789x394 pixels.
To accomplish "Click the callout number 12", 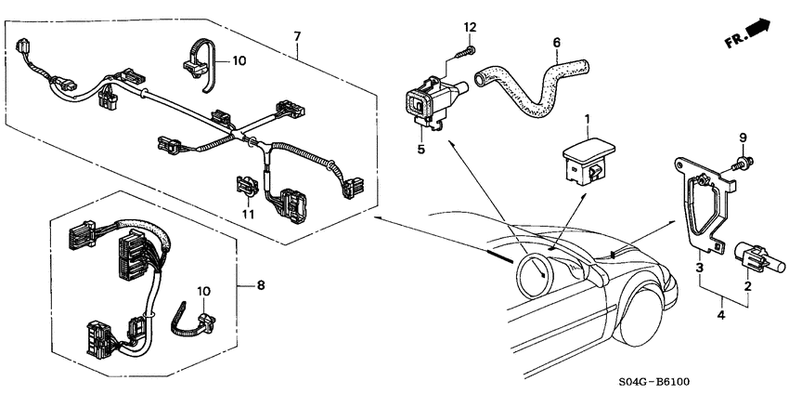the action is [470, 27].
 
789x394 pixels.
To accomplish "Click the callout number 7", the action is [297, 36].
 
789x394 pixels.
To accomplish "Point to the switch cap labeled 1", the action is [588, 161].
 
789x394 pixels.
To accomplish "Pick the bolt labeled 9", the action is [743, 164].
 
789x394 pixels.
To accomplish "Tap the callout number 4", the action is [721, 316].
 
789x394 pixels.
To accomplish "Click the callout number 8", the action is [261, 285].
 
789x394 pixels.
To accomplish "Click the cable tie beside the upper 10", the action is [199, 64].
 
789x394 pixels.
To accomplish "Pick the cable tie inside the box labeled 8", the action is [194, 322].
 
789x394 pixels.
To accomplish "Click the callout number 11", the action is [247, 214].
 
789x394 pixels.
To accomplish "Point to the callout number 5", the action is [421, 149].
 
